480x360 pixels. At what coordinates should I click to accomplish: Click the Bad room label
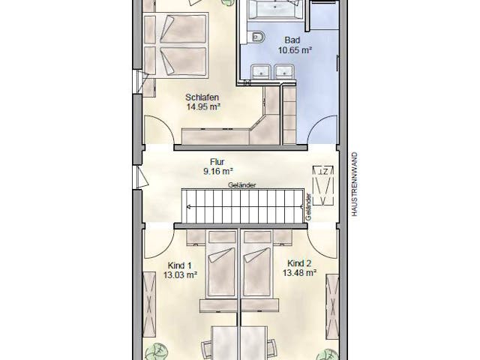point(292,40)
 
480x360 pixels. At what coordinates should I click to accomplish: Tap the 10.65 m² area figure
point(295,50)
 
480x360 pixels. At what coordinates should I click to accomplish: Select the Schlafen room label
point(202,97)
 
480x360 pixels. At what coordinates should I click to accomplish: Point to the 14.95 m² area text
point(203,106)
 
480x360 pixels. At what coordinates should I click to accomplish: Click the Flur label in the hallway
point(217,162)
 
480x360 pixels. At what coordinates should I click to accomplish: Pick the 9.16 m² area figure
point(218,171)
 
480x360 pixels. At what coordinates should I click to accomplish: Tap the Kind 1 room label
point(180,265)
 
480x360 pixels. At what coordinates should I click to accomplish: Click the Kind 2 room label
point(299,263)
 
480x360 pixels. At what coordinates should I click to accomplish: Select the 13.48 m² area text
point(299,272)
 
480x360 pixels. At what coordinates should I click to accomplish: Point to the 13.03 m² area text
point(180,275)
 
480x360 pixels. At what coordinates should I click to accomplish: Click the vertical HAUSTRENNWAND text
point(355,184)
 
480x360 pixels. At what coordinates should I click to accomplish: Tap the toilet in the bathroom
point(256,37)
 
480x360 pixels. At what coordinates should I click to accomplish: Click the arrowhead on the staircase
point(188,207)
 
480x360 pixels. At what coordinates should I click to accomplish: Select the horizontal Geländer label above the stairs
point(241,185)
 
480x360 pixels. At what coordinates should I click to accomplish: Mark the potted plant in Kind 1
point(157,352)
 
